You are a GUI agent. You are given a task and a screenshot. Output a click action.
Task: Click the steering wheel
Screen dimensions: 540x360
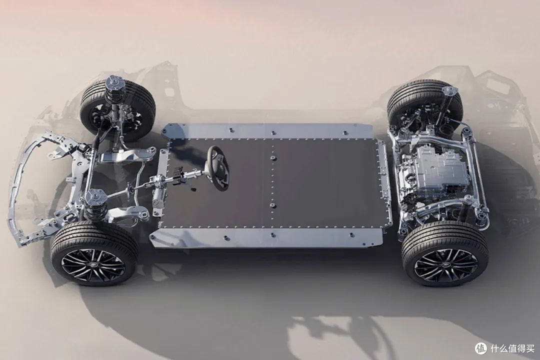click(x=219, y=168)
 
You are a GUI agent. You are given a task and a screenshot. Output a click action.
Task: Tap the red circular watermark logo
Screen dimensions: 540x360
click(x=480, y=348)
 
